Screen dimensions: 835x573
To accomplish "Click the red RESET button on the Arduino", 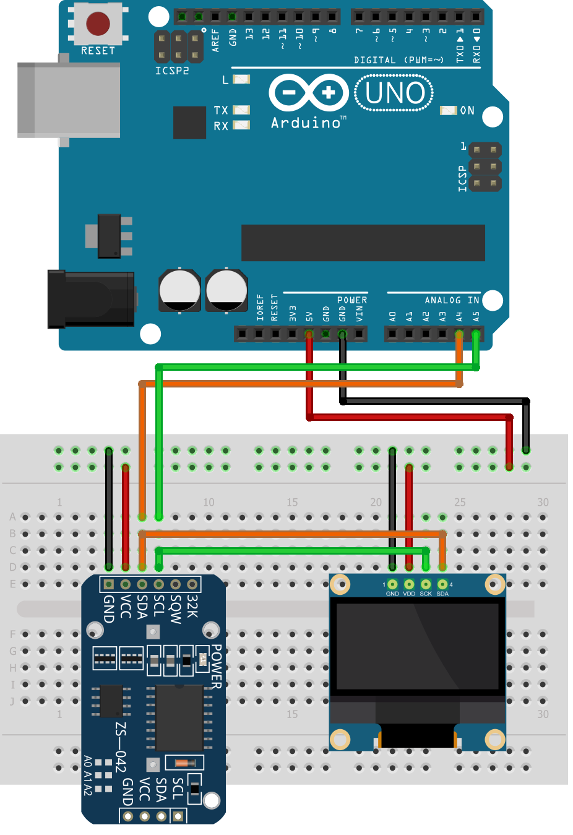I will pos(98,24).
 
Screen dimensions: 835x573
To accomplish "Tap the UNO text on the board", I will pos(394,93).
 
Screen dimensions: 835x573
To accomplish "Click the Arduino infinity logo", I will pos(309,93).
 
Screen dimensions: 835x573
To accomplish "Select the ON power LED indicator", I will pos(448,110).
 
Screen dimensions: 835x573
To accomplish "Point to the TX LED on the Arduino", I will pos(241,110).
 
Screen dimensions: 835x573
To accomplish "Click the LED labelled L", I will pos(241,79).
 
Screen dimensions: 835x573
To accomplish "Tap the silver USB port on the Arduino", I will pos(69,100).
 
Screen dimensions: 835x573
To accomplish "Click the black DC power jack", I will pos(92,299).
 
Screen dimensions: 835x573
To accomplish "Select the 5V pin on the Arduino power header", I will pos(309,334).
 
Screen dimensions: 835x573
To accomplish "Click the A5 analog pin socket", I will pos(476,334).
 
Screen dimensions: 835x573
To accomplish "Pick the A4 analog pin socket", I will pos(459,334).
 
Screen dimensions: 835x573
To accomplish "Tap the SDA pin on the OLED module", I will pos(442,584).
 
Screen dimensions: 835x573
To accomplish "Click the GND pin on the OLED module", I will pos(392,584).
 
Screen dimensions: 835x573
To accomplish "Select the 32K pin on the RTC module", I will pos(192,584).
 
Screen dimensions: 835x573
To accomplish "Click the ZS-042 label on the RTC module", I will pos(121,746).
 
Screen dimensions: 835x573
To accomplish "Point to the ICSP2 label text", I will pos(172,71).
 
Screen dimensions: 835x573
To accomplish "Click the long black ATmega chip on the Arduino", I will pos(363,243).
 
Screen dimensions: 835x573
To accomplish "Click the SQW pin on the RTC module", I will pos(176,584).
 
